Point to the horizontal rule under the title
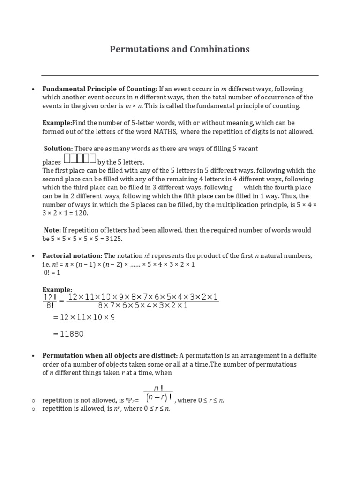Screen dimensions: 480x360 (180, 75)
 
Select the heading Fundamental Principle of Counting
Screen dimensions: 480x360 (100, 89)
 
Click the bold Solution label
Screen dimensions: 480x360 (59, 149)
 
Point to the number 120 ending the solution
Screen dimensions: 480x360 (81, 213)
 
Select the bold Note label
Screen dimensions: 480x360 (52, 230)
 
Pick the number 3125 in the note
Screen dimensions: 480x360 (114, 239)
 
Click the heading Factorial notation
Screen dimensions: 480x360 (73, 256)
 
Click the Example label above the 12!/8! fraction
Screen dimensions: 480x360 (57, 290)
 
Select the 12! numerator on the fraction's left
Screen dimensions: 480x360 (50, 298)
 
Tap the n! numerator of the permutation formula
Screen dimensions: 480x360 (158, 388)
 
